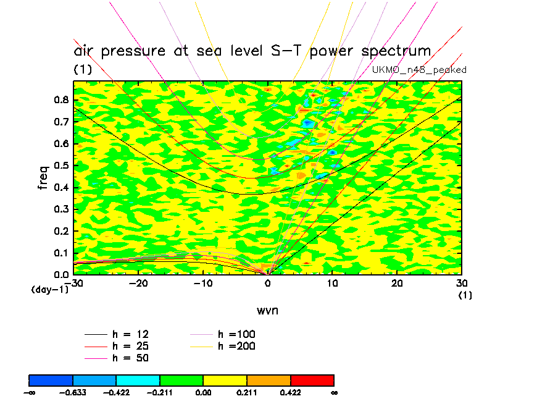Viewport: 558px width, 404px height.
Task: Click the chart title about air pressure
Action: pyautogui.click(x=252, y=51)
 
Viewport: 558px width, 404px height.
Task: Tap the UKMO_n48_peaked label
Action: pyautogui.click(x=419, y=70)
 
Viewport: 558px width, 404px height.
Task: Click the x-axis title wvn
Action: pyautogui.click(x=267, y=310)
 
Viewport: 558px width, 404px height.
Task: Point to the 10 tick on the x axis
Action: pyautogui.click(x=332, y=282)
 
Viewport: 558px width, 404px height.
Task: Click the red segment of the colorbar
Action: pyautogui.click(x=312, y=379)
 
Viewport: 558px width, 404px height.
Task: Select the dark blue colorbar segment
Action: pyautogui.click(x=51, y=379)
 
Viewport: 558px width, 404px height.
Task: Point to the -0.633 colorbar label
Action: pyautogui.click(x=73, y=392)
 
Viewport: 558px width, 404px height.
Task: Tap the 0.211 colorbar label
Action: pyautogui.click(x=247, y=392)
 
